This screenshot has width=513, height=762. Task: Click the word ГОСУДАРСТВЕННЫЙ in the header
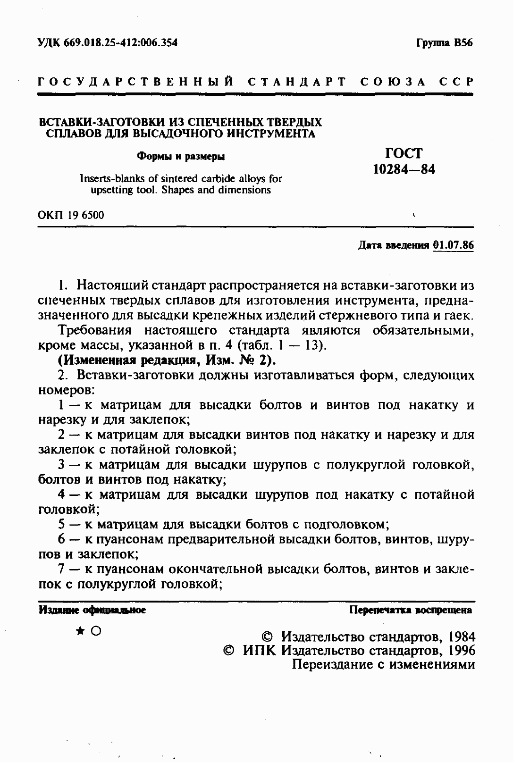(136, 82)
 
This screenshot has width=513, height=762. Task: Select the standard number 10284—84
(404, 169)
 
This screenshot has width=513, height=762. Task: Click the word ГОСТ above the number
(404, 153)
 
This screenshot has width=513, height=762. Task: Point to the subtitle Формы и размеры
(180, 157)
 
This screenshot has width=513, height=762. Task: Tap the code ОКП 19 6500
(71, 215)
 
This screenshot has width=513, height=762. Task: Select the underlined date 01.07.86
(453, 245)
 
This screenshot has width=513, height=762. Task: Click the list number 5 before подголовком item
(62, 524)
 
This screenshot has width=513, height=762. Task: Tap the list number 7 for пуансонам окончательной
(62, 569)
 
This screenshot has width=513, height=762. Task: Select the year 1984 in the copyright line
(462, 636)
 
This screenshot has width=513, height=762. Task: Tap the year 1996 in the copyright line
(462, 651)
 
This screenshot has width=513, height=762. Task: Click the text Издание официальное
(92, 610)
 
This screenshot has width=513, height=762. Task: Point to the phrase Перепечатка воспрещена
(410, 610)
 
